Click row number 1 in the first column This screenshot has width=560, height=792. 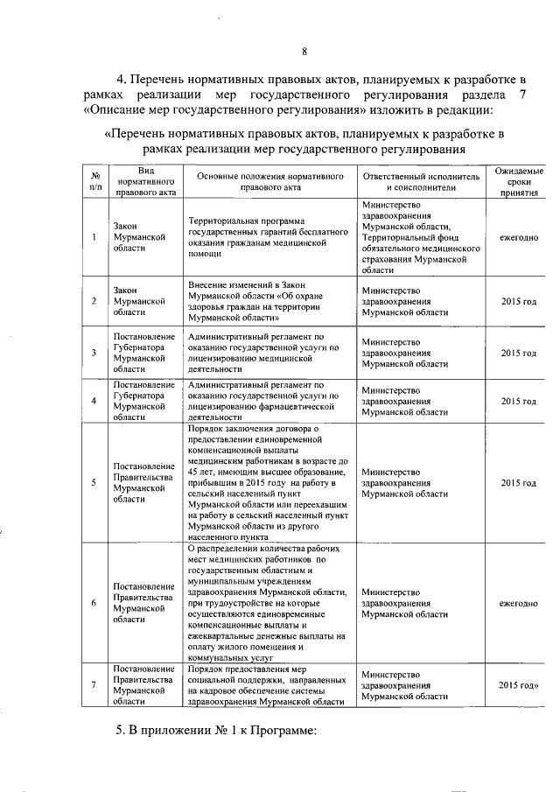pos(94,237)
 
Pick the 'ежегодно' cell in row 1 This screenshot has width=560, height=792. pos(518,237)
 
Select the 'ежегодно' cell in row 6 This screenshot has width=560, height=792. pos(518,603)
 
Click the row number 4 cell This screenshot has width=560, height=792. pos(94,401)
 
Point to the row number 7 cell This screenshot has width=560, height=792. pos(94,685)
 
